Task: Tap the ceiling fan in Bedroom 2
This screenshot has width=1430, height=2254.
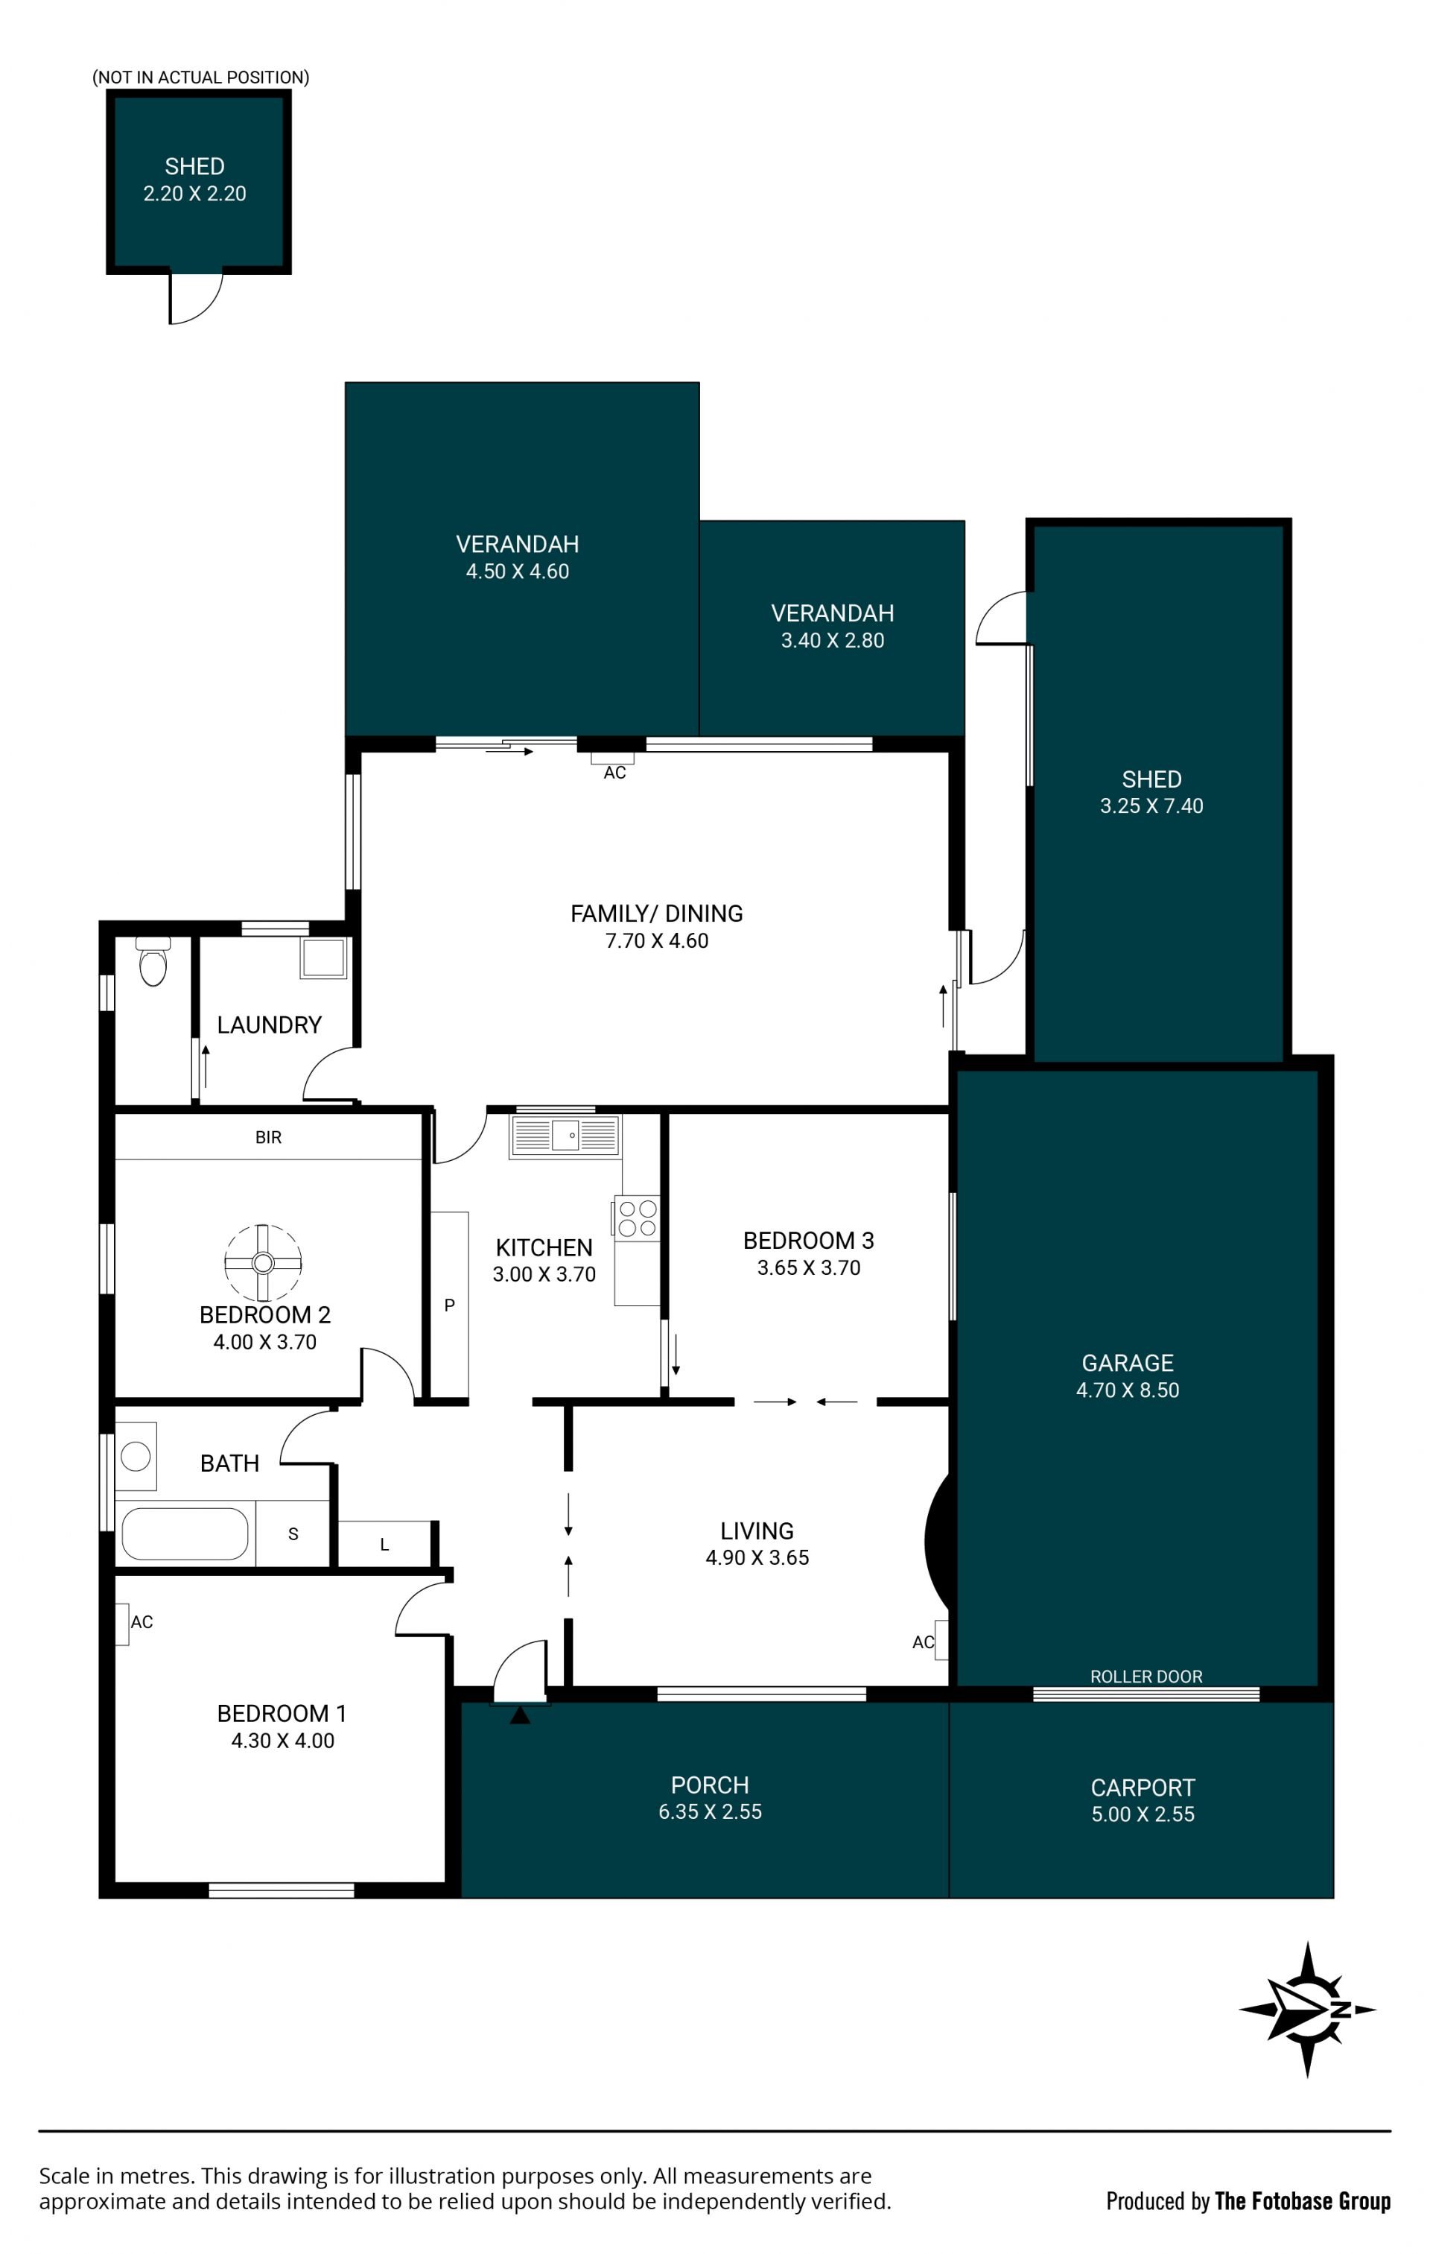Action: click(263, 1263)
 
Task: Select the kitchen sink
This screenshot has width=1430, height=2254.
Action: click(565, 1136)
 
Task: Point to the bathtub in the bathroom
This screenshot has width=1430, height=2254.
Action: click(185, 1533)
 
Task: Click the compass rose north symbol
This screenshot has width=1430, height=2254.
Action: click(1307, 2009)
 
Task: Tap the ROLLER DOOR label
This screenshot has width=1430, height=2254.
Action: click(1145, 1676)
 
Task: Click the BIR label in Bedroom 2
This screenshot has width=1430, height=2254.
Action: click(269, 1137)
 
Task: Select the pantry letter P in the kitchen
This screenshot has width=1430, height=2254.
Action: click(449, 1305)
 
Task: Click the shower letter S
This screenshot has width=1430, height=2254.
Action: click(293, 1534)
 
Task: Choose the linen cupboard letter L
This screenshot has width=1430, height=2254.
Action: click(384, 1545)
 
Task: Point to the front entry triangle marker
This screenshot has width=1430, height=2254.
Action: click(519, 1715)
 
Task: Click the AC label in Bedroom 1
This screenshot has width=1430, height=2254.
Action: click(142, 1622)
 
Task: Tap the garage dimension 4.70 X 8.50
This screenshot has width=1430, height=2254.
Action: click(1128, 1390)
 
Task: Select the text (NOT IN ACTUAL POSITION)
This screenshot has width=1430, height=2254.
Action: click(200, 77)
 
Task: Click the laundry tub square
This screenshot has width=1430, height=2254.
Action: click(323, 957)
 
